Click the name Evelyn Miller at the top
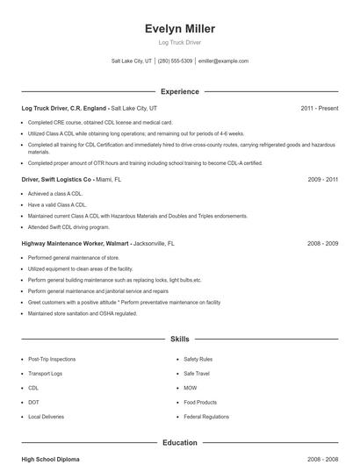click(x=179, y=28)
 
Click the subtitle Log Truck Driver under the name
click(x=179, y=42)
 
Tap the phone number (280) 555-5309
click(x=175, y=61)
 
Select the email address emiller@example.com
click(x=223, y=61)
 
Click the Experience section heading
click(x=179, y=91)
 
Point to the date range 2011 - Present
click(x=319, y=108)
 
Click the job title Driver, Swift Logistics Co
click(x=57, y=179)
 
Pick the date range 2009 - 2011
click(x=322, y=179)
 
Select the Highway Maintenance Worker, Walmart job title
click(x=76, y=243)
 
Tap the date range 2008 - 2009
click(x=322, y=243)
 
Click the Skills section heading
click(x=179, y=338)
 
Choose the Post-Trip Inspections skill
click(x=52, y=359)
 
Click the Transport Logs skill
click(x=46, y=373)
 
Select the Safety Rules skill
click(x=198, y=359)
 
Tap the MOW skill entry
click(x=191, y=388)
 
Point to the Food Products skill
click(x=200, y=402)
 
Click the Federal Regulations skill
click(x=206, y=416)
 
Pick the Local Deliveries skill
click(x=47, y=416)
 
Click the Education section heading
click(x=179, y=443)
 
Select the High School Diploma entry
click(x=51, y=459)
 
